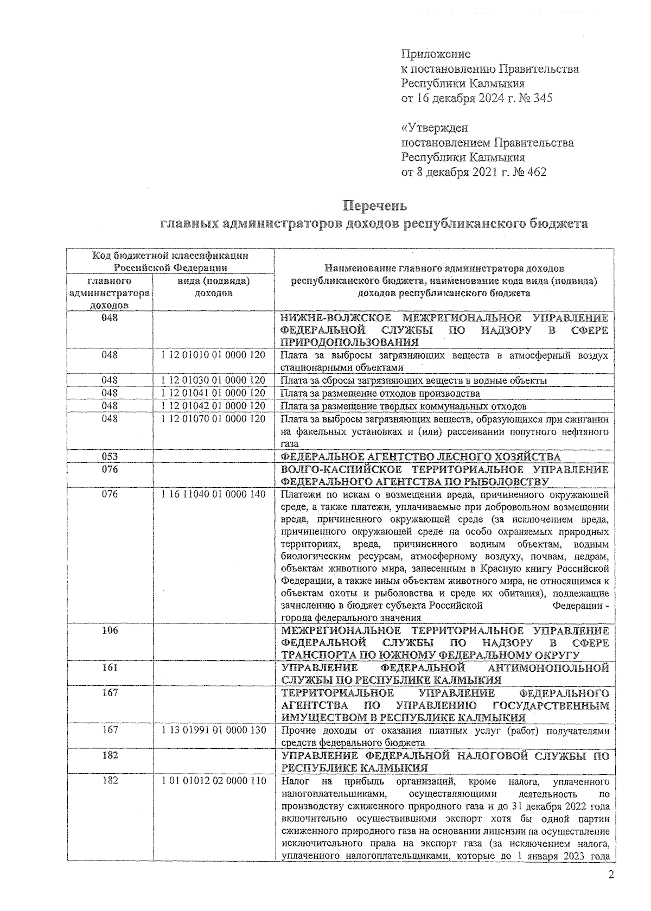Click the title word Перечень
click(x=375, y=207)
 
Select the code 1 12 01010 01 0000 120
click(x=213, y=355)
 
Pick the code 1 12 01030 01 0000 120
click(x=213, y=380)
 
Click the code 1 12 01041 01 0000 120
click(x=213, y=393)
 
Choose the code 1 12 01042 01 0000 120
click(x=213, y=406)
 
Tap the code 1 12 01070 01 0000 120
click(x=213, y=419)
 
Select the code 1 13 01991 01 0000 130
click(x=213, y=730)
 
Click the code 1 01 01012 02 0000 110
click(x=213, y=781)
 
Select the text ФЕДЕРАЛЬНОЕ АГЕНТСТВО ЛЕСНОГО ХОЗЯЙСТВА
click(x=420, y=457)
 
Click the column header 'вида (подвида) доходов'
click(x=213, y=288)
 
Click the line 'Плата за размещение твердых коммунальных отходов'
click(x=403, y=406)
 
